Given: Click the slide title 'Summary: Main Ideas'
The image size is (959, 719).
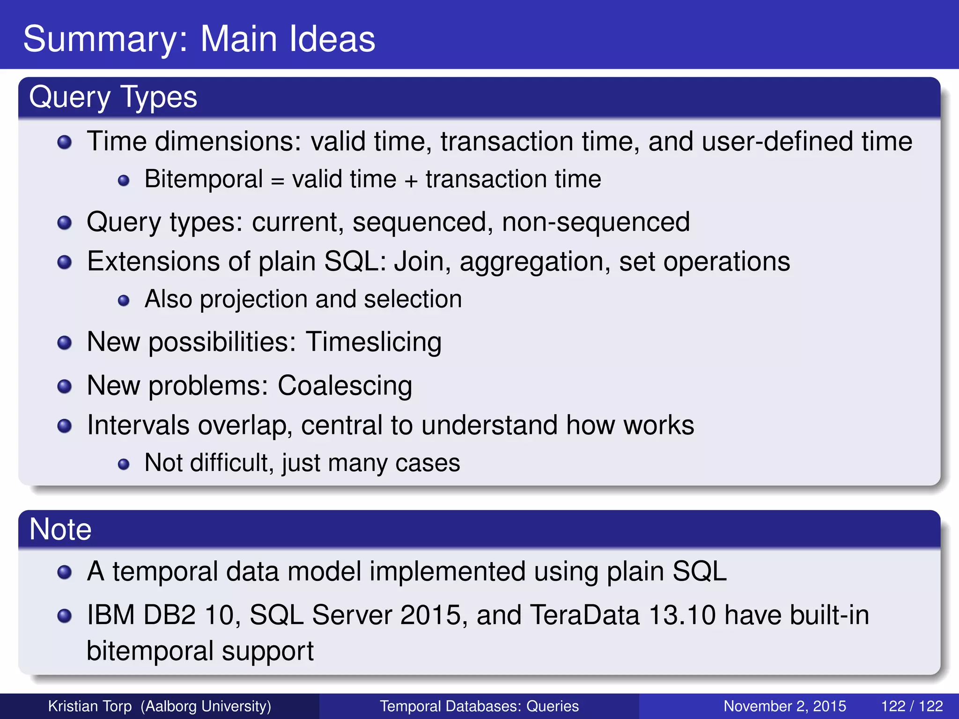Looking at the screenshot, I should (199, 39).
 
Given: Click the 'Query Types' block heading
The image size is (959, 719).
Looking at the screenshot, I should (113, 97).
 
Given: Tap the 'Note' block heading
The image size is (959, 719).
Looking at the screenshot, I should (60, 529).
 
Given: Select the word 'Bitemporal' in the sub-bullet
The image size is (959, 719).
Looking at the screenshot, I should (203, 179).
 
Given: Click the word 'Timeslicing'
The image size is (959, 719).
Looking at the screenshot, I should (374, 342).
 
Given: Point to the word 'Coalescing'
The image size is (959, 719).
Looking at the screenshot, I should (345, 386).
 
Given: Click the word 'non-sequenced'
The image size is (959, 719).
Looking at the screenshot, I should (596, 222).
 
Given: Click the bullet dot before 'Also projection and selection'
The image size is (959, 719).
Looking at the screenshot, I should (124, 300).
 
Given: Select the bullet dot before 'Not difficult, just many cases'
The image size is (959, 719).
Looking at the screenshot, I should (124, 464).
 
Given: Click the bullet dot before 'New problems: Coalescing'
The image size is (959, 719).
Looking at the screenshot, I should (64, 387).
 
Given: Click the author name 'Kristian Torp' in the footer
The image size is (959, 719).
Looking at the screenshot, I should (90, 706).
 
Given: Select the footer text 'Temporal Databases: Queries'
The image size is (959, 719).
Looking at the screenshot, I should (479, 706).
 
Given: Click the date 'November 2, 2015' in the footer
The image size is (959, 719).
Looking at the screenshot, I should (785, 706).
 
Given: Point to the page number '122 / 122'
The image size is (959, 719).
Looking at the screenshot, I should (912, 706).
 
